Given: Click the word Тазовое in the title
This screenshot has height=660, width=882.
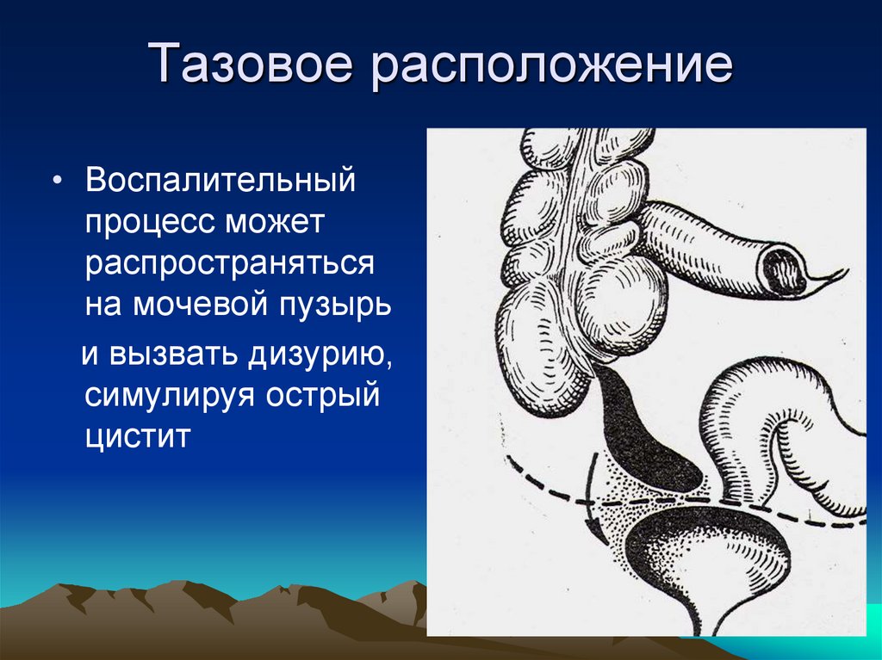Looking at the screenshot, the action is [x=251, y=63].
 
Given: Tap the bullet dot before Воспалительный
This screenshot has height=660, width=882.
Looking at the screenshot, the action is [x=57, y=181].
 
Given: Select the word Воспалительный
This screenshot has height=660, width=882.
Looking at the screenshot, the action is [x=220, y=180].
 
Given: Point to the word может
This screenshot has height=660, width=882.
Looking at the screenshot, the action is [x=275, y=223].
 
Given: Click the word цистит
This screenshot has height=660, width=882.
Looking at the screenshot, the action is [x=138, y=437].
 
